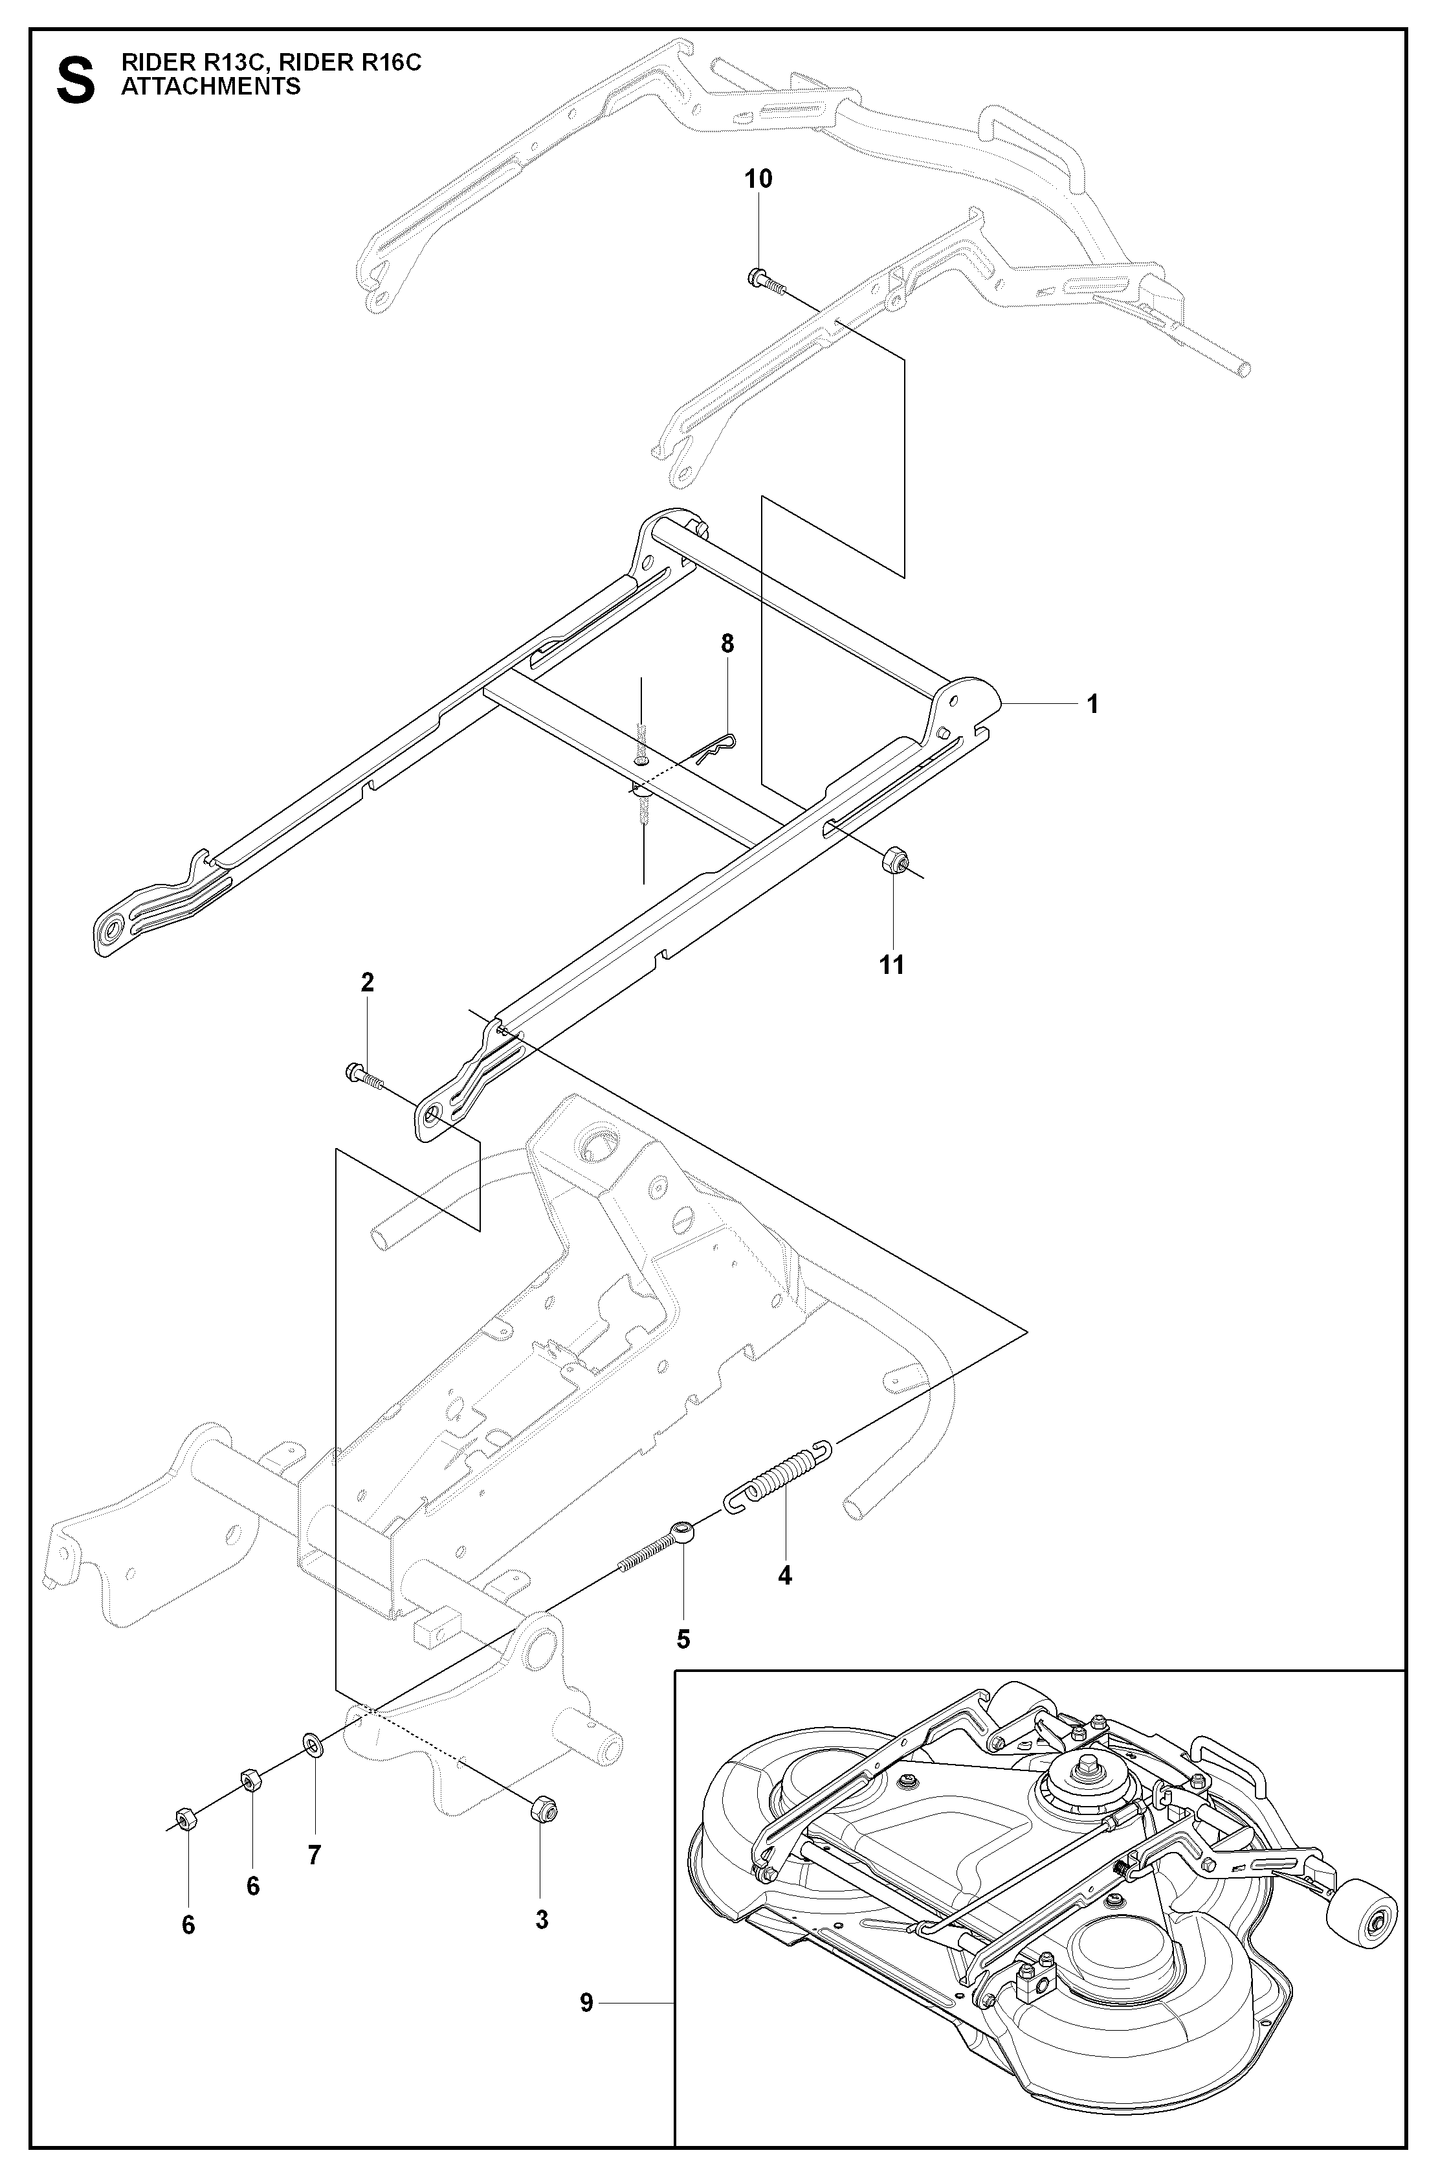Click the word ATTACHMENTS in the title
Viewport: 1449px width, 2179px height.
click(x=211, y=87)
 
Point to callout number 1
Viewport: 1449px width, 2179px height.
click(x=1092, y=705)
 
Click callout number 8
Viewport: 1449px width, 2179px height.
click(x=727, y=644)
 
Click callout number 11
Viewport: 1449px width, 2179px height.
click(x=892, y=965)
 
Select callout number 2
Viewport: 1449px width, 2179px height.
click(x=367, y=983)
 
